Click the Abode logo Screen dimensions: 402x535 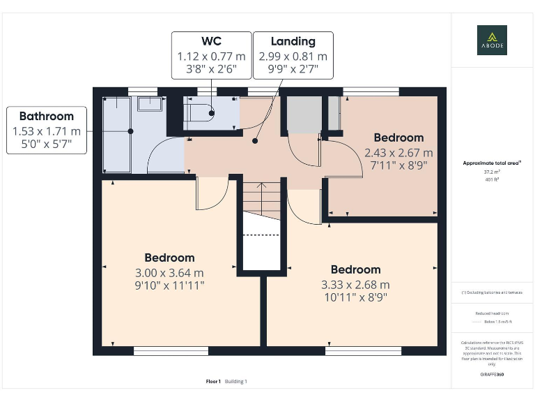[492, 40]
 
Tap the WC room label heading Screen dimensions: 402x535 [211, 41]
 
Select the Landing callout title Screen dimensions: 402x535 [293, 41]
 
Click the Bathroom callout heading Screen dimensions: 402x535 [46, 117]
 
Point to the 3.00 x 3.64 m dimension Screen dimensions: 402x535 [169, 272]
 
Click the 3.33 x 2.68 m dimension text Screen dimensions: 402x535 [355, 284]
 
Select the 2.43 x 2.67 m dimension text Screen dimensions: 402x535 [398, 152]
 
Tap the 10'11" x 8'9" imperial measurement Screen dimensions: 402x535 [355, 297]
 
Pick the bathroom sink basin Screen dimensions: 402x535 [149, 104]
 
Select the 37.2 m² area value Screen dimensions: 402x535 [492, 172]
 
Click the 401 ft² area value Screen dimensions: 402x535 [492, 179]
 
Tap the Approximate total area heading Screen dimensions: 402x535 [492, 163]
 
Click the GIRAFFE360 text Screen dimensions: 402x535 [492, 375]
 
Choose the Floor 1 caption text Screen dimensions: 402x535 [213, 381]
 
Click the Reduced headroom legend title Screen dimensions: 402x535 [492, 313]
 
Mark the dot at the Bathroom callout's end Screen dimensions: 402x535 [130, 131]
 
